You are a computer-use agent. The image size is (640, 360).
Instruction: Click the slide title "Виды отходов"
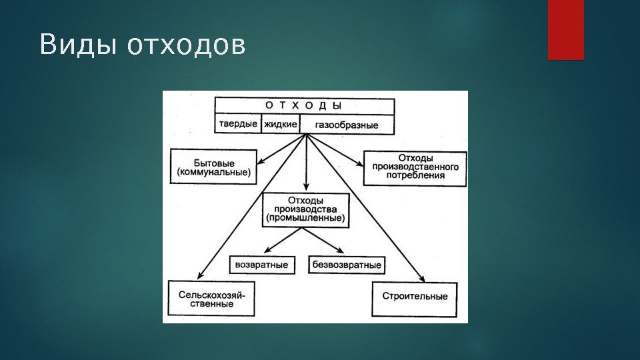[142, 45]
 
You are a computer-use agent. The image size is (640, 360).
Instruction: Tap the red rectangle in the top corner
[565, 29]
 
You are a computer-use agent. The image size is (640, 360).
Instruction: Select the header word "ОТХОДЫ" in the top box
[303, 105]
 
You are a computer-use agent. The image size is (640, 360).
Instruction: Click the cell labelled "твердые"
[238, 125]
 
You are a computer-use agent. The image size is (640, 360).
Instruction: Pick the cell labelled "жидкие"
[280, 125]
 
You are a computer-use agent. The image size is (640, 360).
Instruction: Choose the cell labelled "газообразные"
[347, 125]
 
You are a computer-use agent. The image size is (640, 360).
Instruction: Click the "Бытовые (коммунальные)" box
[214, 167]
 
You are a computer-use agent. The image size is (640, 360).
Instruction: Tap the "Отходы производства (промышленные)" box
[306, 209]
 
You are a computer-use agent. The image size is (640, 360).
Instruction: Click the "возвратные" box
[262, 265]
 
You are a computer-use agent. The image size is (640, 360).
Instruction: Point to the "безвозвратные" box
[347, 265]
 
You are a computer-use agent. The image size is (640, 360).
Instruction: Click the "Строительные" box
[415, 295]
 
